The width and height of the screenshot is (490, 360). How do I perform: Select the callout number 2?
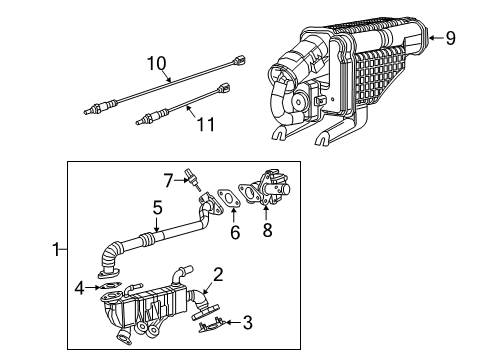[x=218, y=273]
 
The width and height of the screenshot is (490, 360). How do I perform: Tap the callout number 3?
[x=247, y=322]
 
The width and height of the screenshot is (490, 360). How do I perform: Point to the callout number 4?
[x=79, y=290]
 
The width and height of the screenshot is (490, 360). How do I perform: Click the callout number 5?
[x=157, y=208]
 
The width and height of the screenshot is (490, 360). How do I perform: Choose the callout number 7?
[x=169, y=180]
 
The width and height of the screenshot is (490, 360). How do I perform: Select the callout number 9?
[x=450, y=39]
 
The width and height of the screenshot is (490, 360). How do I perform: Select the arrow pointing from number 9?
[x=433, y=39]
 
